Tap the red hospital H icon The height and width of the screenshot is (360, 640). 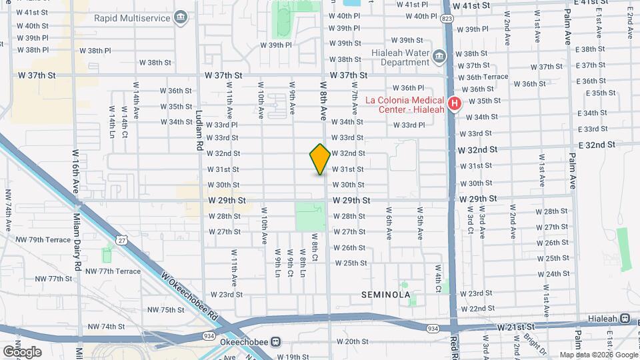(455, 103)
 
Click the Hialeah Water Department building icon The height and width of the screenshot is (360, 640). (439, 55)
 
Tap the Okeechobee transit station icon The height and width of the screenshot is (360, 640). (275, 341)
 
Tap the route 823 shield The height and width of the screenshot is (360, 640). (446, 19)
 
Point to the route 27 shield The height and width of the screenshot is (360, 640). (121, 239)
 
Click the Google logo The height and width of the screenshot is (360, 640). (22, 351)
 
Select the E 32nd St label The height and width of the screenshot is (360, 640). (601, 145)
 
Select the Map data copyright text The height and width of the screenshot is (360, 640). (597, 355)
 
